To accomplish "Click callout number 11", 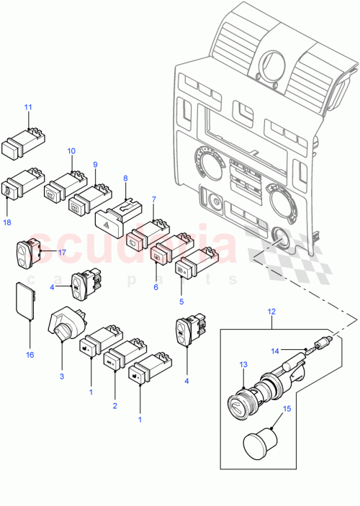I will coord(28,107).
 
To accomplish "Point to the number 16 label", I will coord(30,355).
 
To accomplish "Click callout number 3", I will coord(62,376).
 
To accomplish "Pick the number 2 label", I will coord(114,407).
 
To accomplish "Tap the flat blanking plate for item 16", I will coord(25,299).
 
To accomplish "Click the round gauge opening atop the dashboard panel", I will coord(270,63).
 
